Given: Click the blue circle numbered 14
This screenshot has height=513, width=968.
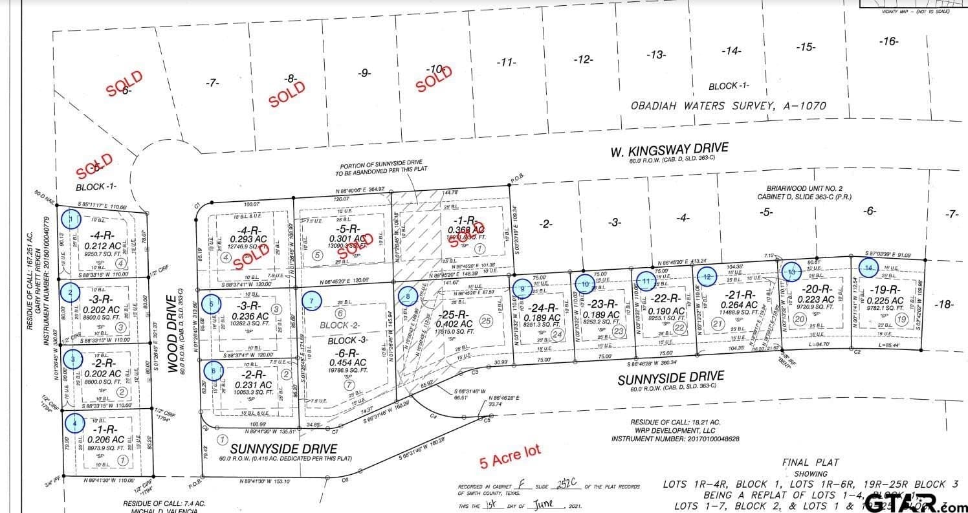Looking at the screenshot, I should [869, 267].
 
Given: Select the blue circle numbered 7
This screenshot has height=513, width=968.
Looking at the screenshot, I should [312, 301].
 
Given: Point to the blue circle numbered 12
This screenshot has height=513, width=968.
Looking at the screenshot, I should [707, 277].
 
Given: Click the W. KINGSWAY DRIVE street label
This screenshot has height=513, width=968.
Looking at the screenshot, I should [668, 150].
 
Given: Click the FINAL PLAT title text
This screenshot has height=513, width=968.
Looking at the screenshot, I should [810, 462].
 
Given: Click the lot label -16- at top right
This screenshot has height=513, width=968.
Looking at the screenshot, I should [889, 41].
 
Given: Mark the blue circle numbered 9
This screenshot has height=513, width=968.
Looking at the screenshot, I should [522, 289].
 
